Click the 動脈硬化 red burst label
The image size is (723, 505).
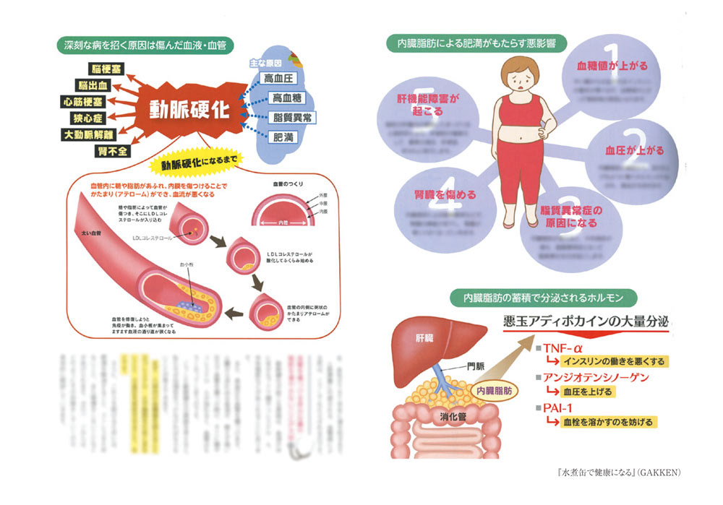point(190,109)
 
